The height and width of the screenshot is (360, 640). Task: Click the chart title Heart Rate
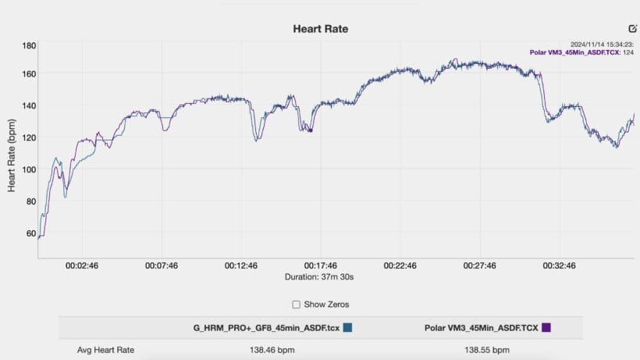(320, 29)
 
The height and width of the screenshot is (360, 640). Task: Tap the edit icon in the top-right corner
(633, 28)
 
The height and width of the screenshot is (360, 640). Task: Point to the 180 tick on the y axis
(29, 45)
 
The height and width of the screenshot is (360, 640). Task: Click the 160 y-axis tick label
(29, 73)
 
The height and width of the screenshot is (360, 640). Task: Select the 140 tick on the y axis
(29, 105)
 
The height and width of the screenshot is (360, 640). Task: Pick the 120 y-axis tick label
(29, 137)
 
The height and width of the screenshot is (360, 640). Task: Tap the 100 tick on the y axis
(29, 169)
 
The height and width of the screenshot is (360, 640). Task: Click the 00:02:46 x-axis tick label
(82, 266)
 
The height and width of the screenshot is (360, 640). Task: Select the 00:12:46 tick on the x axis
(241, 266)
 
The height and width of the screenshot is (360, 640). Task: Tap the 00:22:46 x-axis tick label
(400, 266)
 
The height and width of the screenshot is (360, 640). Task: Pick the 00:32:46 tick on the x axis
(560, 266)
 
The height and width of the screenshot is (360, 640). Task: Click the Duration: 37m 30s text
(320, 276)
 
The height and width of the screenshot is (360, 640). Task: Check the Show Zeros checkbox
(296, 304)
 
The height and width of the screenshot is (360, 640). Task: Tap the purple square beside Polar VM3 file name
(546, 327)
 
